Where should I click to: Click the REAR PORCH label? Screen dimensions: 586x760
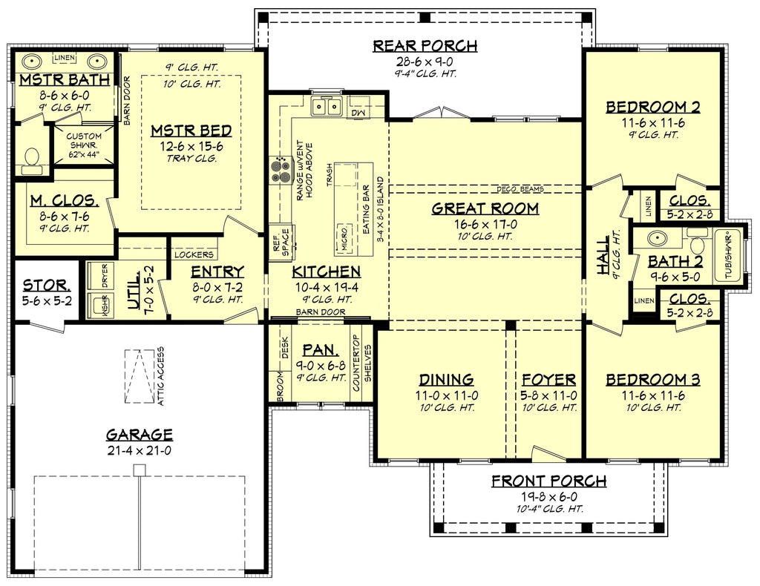tap(425, 47)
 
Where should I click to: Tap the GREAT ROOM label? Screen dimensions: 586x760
tap(485, 208)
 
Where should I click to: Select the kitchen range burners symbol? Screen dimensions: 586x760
tap(281, 171)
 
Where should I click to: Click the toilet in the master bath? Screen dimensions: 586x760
tap(31, 157)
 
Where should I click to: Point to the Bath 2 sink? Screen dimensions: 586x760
tap(656, 239)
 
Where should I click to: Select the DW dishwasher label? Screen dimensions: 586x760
tap(358, 112)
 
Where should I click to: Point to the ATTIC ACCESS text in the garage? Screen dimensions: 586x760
tap(160, 377)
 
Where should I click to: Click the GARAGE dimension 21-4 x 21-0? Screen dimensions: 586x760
tap(139, 450)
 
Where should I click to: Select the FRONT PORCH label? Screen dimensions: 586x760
tap(548, 481)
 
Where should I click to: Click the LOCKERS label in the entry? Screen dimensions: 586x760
tap(194, 254)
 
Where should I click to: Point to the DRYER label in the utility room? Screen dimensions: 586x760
tap(105, 276)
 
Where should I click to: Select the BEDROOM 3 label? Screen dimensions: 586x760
tap(652, 380)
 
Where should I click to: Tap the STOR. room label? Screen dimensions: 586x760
tap(46, 285)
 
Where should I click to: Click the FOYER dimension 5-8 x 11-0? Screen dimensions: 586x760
tap(548, 395)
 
